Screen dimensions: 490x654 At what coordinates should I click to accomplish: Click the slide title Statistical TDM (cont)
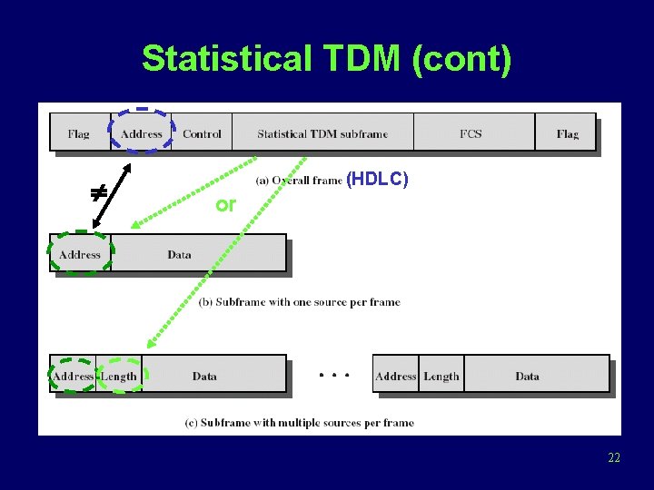pyautogui.click(x=327, y=59)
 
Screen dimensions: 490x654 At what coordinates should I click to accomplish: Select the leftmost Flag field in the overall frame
pyautogui.click(x=79, y=134)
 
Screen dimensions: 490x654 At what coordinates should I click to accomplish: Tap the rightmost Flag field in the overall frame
pyautogui.click(x=567, y=134)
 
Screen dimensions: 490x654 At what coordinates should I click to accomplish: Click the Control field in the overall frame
pyautogui.click(x=202, y=134)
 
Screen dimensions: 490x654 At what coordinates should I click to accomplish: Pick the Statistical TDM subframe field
pyautogui.click(x=322, y=134)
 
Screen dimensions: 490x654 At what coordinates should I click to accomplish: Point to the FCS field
pyautogui.click(x=471, y=134)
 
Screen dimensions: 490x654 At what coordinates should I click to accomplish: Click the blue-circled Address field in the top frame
pyautogui.click(x=142, y=134)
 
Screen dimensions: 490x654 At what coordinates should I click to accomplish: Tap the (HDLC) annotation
pyautogui.click(x=377, y=180)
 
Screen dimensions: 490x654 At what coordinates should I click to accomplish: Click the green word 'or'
pyautogui.click(x=225, y=205)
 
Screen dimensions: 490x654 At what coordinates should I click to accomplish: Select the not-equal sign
pyautogui.click(x=97, y=192)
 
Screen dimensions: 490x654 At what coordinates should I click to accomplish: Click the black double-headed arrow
pyautogui.click(x=113, y=191)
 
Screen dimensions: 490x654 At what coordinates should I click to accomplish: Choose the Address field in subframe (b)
pyautogui.click(x=80, y=255)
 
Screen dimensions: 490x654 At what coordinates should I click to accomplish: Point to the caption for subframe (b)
pyautogui.click(x=300, y=302)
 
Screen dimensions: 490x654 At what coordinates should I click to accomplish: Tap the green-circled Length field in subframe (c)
pyautogui.click(x=119, y=377)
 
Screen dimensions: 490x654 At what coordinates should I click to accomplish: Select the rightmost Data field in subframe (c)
pyautogui.click(x=528, y=377)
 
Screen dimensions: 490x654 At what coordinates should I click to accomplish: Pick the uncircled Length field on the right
pyautogui.click(x=441, y=377)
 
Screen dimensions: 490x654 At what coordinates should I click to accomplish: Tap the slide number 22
pyautogui.click(x=614, y=458)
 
